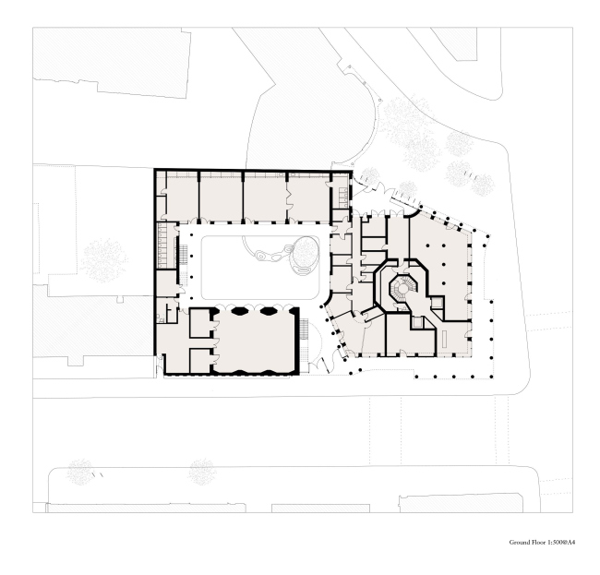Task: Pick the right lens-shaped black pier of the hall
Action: [268, 311]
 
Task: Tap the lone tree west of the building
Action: [104, 260]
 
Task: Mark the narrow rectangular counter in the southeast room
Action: [445, 340]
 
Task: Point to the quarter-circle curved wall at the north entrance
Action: [414, 211]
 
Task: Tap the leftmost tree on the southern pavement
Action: [80, 472]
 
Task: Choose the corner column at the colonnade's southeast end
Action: [491, 377]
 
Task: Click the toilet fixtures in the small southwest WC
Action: [160, 317]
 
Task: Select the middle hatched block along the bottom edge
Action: [320, 509]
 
